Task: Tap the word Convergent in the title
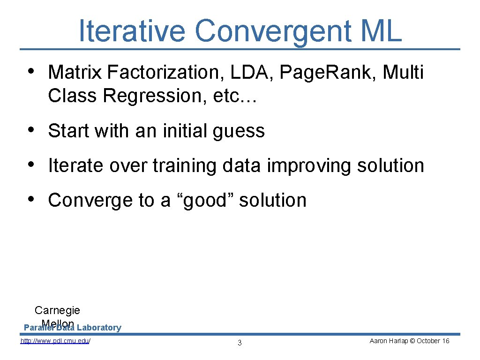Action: (x=271, y=31)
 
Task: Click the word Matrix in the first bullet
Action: (x=75, y=73)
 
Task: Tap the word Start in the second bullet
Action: (x=68, y=131)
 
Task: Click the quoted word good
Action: (x=209, y=201)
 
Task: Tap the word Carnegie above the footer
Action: (x=57, y=310)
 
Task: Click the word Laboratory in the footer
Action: (x=99, y=328)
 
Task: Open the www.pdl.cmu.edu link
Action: (x=55, y=341)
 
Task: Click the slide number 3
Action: (x=240, y=343)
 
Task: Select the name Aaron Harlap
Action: (x=389, y=341)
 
